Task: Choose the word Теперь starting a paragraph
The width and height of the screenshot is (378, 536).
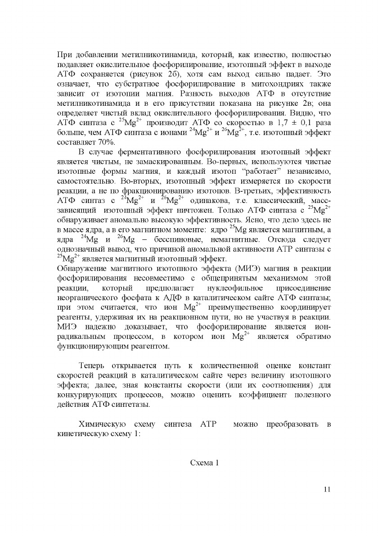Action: (x=93, y=365)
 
